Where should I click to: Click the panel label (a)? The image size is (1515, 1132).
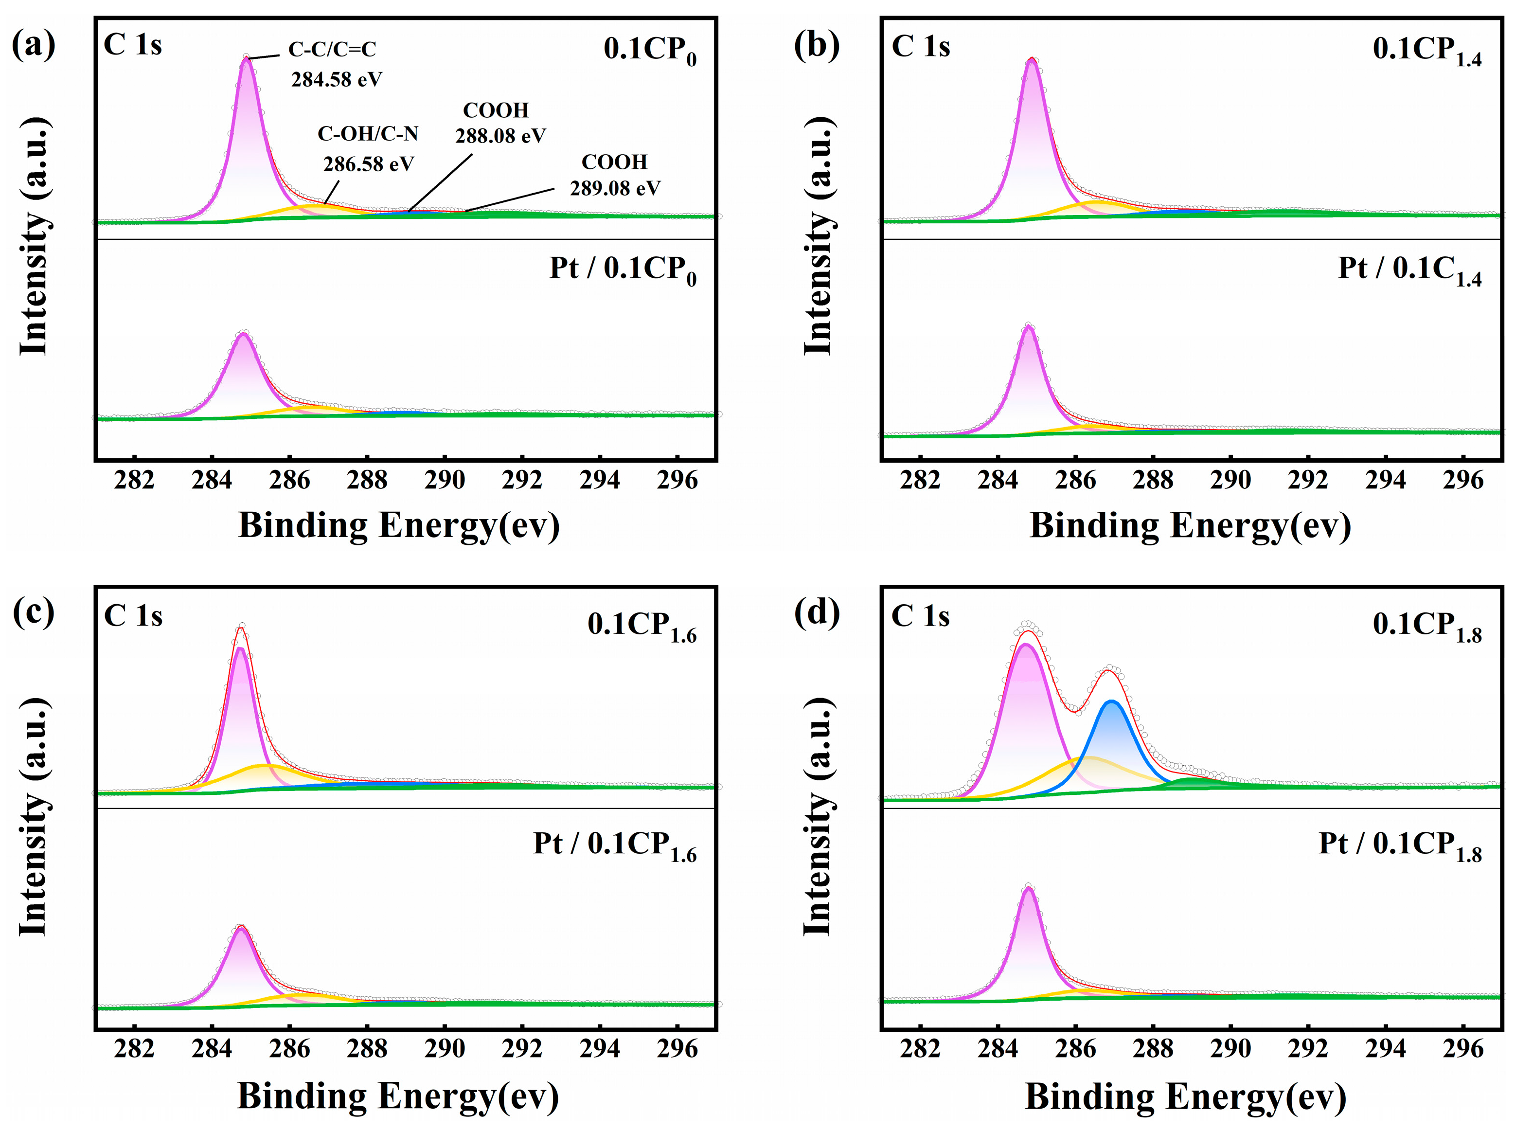tap(33, 45)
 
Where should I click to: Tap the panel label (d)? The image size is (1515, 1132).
tap(817, 612)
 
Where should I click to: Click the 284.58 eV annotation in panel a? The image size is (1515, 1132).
tap(336, 79)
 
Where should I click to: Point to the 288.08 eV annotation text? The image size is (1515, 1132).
tap(500, 136)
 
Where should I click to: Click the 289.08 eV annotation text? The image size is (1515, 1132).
tap(614, 188)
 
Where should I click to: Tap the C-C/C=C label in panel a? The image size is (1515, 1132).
tap(332, 49)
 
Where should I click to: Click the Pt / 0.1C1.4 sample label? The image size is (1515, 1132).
tap(1409, 270)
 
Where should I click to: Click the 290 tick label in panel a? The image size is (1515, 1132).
tap(445, 480)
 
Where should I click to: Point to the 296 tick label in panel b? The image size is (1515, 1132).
tap(1462, 480)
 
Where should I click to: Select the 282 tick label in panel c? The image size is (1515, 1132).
tap(134, 1049)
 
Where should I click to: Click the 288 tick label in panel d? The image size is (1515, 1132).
tap(1153, 1049)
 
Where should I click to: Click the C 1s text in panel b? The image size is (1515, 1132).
tap(921, 47)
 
